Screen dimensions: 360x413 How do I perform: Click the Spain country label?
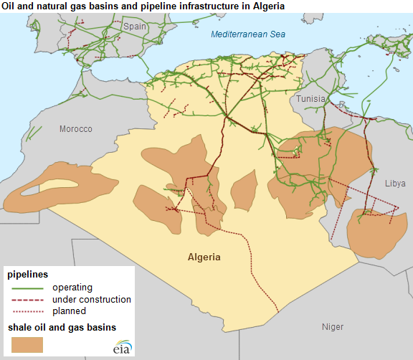tap(134, 27)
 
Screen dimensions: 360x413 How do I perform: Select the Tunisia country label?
tap(312, 98)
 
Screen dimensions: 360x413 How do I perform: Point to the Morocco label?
tap(76, 129)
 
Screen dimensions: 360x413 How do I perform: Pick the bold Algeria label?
tap(204, 257)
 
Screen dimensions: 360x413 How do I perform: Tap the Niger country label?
tap(332, 327)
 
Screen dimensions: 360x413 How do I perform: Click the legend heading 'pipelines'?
tap(28, 275)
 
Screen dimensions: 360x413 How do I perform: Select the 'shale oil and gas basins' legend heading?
tap(62, 328)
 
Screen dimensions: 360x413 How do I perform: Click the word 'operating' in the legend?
tap(73, 288)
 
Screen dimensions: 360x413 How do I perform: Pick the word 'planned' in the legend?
tap(69, 311)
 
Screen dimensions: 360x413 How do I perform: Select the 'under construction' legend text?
tap(92, 299)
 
